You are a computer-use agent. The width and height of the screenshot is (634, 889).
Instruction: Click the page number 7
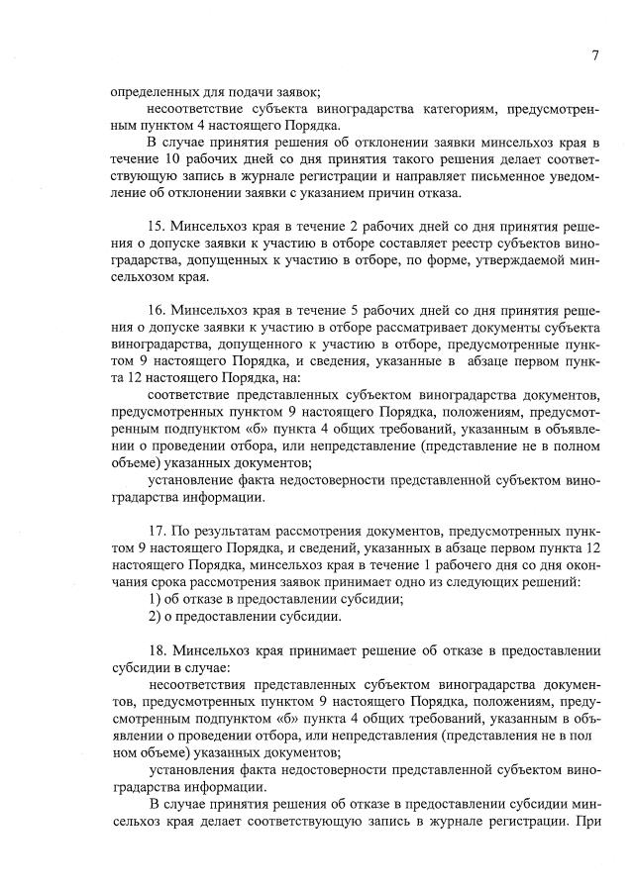[x=595, y=55]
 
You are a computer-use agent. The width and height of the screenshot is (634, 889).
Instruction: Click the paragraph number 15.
[x=154, y=229]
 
